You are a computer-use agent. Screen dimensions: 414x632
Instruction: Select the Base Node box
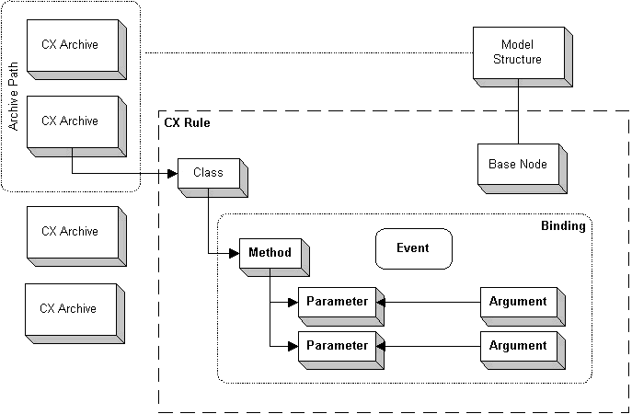click(x=517, y=165)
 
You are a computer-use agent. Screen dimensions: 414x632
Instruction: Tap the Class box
click(x=208, y=172)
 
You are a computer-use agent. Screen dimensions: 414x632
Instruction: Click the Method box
click(x=270, y=253)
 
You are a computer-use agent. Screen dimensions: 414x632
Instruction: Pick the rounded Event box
click(x=412, y=248)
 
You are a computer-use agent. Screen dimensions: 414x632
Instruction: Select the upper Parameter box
click(x=337, y=302)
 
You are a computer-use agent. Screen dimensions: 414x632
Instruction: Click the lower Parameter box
click(x=337, y=346)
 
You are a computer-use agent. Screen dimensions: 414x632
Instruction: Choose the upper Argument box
click(x=518, y=302)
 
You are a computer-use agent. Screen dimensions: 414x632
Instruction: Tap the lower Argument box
click(x=518, y=346)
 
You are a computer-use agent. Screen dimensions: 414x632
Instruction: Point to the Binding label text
click(x=562, y=225)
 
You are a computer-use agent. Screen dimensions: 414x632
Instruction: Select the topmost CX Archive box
click(x=70, y=44)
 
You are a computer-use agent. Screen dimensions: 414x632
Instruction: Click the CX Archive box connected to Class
click(x=70, y=121)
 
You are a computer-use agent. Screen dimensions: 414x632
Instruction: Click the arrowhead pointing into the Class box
click(x=174, y=173)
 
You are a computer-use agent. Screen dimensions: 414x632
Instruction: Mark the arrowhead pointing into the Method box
click(x=234, y=253)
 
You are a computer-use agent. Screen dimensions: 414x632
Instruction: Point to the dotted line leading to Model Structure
click(x=304, y=52)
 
